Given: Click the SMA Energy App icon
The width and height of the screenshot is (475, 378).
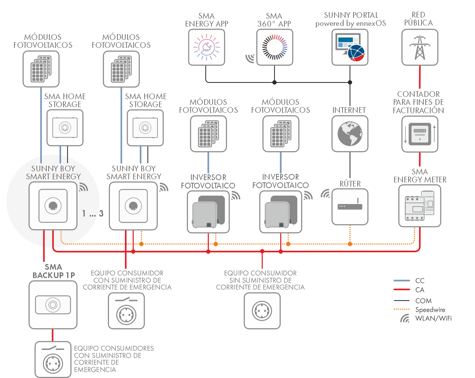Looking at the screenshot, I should pos(207,47).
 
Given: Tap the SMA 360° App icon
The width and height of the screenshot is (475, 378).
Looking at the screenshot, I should pos(275,47).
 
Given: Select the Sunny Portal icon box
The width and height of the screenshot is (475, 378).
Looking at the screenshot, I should pos(350,47).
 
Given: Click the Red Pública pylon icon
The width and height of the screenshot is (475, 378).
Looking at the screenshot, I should pos(420,47).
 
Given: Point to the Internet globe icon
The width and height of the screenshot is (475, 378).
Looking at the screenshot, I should pos(350,134).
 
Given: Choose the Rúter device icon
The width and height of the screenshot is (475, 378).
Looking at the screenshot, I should pos(350,207).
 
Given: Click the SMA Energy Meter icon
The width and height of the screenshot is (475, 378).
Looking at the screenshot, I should pos(420,206).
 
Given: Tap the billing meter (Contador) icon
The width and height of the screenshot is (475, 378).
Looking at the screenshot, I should pos(420,134).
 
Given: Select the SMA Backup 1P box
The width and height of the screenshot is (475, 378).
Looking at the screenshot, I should pos(53,305).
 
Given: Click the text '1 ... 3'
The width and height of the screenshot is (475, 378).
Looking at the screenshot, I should pos(93,214).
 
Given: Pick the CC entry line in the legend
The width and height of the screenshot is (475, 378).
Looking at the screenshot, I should pos(402,281).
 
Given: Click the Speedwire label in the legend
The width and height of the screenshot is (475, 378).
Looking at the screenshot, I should pos(430,310).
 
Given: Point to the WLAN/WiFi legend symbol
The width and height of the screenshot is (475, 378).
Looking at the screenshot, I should pos(405,319).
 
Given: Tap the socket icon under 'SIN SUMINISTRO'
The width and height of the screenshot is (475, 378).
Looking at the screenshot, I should pos(262,311).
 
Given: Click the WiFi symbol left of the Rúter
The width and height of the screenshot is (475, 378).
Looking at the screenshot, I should pos(325,194).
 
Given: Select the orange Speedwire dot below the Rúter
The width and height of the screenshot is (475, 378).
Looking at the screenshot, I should pos(350,244).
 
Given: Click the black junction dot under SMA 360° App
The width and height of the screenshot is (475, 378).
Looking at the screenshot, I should pos(275,82).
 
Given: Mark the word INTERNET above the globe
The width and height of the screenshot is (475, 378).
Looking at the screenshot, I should pos(349,110).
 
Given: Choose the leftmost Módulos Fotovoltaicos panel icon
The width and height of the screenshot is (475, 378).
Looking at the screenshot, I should pos(41,69).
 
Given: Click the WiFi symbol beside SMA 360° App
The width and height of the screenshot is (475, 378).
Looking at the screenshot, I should pos(250,58).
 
